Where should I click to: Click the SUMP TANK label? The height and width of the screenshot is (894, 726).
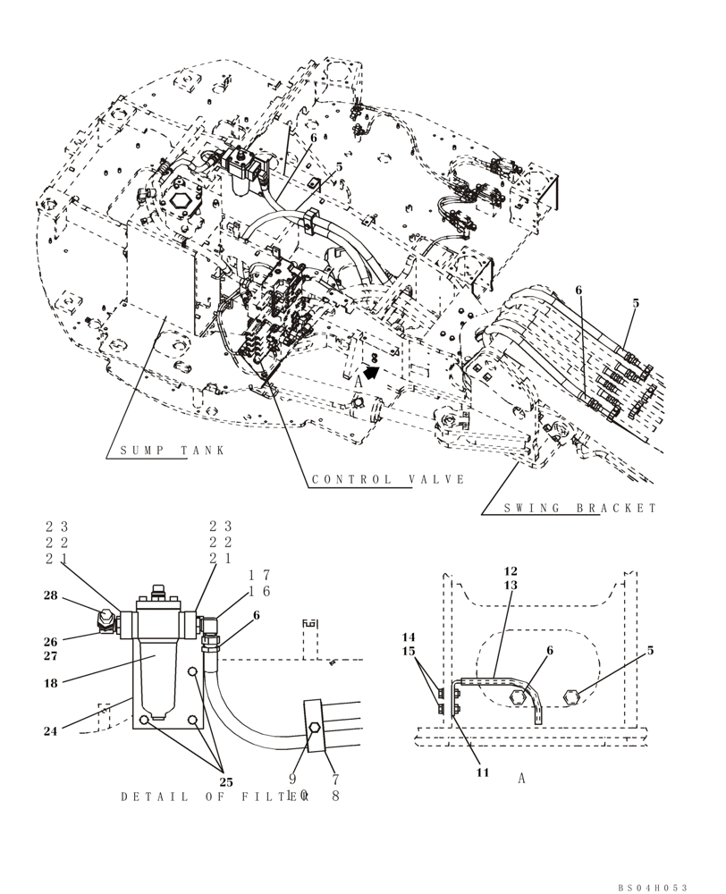point(173,450)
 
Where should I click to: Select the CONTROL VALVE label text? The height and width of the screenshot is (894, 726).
point(388,479)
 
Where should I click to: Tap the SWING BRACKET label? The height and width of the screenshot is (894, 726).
point(580,508)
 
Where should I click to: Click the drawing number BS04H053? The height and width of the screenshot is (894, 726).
point(653,887)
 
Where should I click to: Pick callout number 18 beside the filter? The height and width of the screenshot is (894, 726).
point(50,682)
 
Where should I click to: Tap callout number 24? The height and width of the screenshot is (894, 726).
point(50,730)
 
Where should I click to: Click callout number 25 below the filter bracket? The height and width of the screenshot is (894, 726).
point(226,782)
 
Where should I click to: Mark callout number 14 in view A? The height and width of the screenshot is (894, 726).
point(409,637)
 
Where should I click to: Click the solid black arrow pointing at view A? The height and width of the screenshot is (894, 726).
point(371,368)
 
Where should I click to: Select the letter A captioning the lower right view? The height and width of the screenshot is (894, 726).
point(521,779)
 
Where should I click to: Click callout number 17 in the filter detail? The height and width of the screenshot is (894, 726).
point(259,575)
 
